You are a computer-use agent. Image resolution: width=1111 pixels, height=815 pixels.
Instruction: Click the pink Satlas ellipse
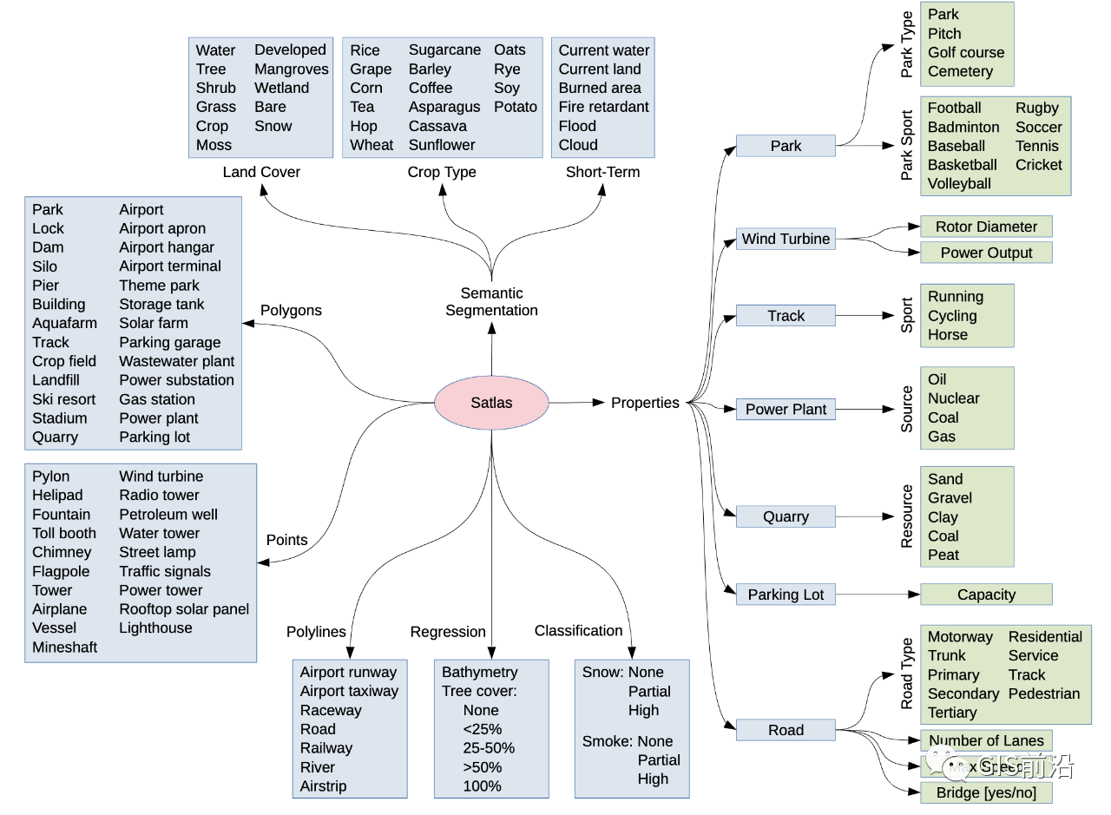[x=491, y=403]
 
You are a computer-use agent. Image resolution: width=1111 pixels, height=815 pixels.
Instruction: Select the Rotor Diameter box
[x=986, y=227]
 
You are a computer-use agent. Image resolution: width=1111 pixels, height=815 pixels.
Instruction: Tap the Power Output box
[x=986, y=253]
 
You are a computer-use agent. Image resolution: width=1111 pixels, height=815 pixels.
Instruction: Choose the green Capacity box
[x=986, y=595]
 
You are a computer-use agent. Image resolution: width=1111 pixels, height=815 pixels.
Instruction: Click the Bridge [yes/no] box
[x=986, y=792]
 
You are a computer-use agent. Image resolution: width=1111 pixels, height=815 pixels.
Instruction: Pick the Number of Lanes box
[x=986, y=740]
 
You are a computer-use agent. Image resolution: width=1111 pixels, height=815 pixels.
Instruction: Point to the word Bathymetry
[x=479, y=672]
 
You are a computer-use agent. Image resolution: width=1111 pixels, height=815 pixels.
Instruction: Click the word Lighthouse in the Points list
[x=155, y=628]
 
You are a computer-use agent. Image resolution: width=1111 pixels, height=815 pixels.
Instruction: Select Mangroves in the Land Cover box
[x=292, y=69]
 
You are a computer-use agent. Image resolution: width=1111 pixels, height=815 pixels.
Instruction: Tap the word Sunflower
[x=442, y=145]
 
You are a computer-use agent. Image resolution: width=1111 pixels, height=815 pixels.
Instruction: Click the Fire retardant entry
[x=603, y=107]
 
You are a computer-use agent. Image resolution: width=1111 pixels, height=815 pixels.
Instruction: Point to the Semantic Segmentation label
[x=491, y=301]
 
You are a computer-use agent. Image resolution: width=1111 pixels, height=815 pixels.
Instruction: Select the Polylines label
[x=316, y=632]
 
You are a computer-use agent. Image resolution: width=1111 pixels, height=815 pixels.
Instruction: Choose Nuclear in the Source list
[x=953, y=398]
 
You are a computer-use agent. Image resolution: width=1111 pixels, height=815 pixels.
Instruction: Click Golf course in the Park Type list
[x=965, y=52]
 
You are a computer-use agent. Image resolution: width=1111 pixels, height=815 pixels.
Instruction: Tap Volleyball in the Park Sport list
[x=959, y=183]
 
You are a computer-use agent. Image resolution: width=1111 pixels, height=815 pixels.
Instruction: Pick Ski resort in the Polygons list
[x=64, y=399]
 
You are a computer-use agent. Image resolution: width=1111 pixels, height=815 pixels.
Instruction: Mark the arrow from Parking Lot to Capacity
[x=877, y=595]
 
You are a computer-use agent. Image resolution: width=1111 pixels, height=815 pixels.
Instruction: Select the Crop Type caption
[x=442, y=172]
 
